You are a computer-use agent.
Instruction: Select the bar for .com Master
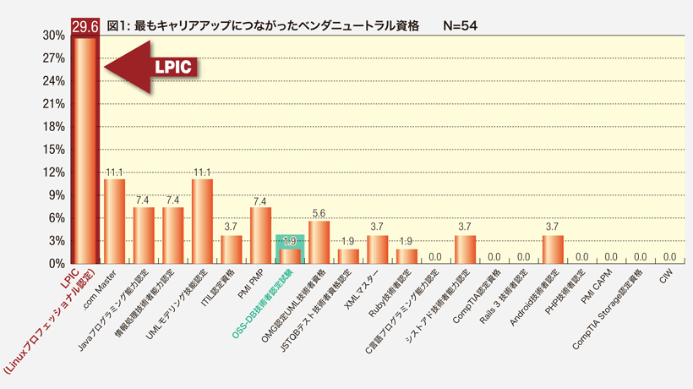pyautogui.click(x=114, y=221)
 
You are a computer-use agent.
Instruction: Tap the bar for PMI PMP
pyautogui.click(x=260, y=235)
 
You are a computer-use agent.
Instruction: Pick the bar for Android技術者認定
pyautogui.click(x=552, y=249)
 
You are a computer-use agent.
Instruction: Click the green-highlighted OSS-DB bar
pyautogui.click(x=290, y=256)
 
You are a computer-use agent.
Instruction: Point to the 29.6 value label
pyautogui.click(x=85, y=27)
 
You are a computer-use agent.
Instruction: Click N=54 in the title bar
pyautogui.click(x=461, y=26)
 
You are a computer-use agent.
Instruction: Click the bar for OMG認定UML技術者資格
pyautogui.click(x=319, y=242)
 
